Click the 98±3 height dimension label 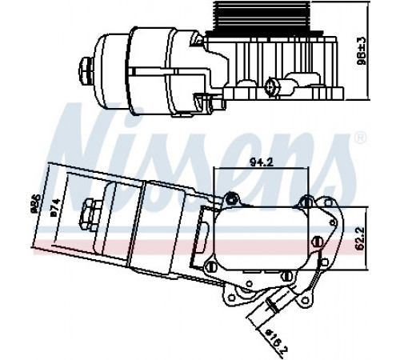tap(361, 50)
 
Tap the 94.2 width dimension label tap(262, 162)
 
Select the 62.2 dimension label tap(360, 238)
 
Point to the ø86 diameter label tap(35, 204)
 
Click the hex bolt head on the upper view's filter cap tap(86, 71)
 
